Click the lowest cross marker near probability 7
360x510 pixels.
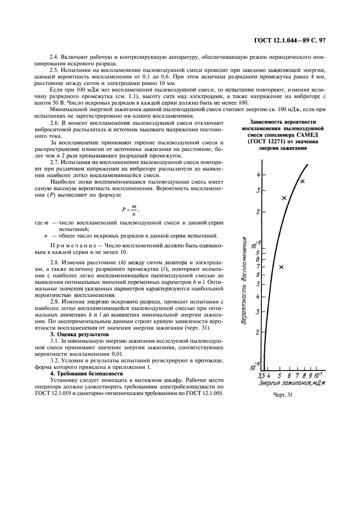pos(282,267)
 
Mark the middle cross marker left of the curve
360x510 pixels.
pos(284,198)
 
